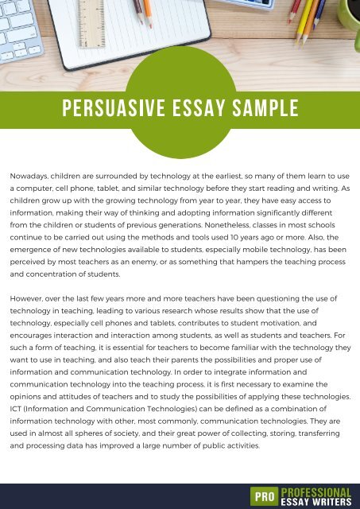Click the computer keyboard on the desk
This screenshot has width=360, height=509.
click(17, 32)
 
